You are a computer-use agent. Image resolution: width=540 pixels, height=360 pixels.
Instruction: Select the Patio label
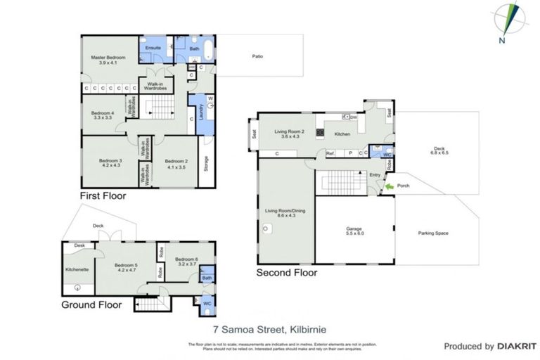click(258, 56)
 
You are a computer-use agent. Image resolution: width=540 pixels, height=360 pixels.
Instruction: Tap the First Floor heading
click(103, 196)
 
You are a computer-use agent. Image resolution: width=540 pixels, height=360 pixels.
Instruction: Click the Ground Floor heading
click(91, 305)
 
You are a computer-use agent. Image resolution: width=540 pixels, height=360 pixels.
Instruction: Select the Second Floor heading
click(286, 273)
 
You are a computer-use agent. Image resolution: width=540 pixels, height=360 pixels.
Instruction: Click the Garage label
click(354, 231)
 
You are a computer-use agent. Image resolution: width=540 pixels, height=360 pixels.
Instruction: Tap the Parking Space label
click(433, 233)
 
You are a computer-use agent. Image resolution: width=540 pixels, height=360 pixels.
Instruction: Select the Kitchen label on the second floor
click(342, 134)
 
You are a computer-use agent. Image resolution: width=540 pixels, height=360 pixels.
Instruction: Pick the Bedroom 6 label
click(187, 261)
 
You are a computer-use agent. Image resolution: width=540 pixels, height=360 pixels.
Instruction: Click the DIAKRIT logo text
click(517, 346)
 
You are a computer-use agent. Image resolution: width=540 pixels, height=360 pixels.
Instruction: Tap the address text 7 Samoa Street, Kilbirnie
click(269, 328)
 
